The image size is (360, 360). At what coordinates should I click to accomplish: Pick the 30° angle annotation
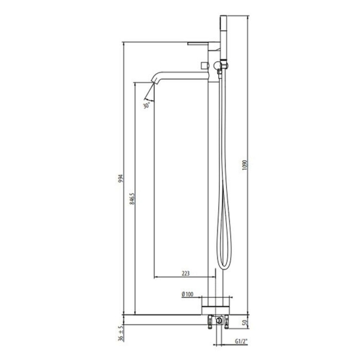(146, 105)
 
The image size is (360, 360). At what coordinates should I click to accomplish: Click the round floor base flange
(215, 304)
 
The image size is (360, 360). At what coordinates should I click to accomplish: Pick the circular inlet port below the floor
(220, 322)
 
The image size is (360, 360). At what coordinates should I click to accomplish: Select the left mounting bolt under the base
(211, 322)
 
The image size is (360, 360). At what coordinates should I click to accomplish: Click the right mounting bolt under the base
(227, 322)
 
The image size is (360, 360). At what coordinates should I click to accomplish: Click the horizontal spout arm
(183, 73)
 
